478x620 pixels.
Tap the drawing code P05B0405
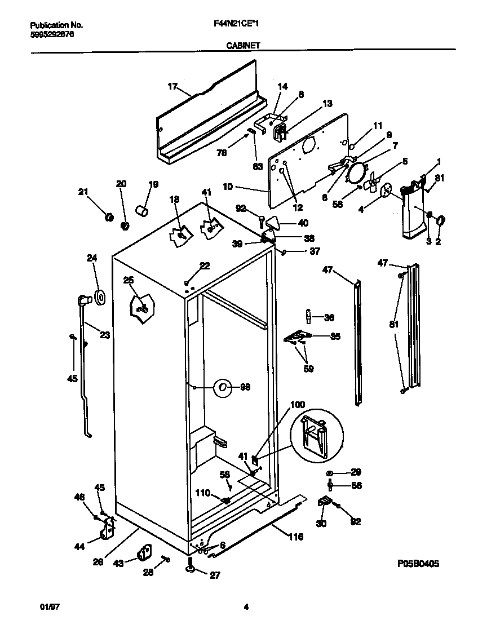418,563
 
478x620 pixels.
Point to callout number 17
172,86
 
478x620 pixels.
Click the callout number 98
245,387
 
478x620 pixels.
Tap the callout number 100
298,405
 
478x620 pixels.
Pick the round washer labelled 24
99,296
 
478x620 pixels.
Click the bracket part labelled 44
108,529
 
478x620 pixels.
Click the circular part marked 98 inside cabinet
223,387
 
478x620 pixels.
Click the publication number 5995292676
51,34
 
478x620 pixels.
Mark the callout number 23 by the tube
104,334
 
